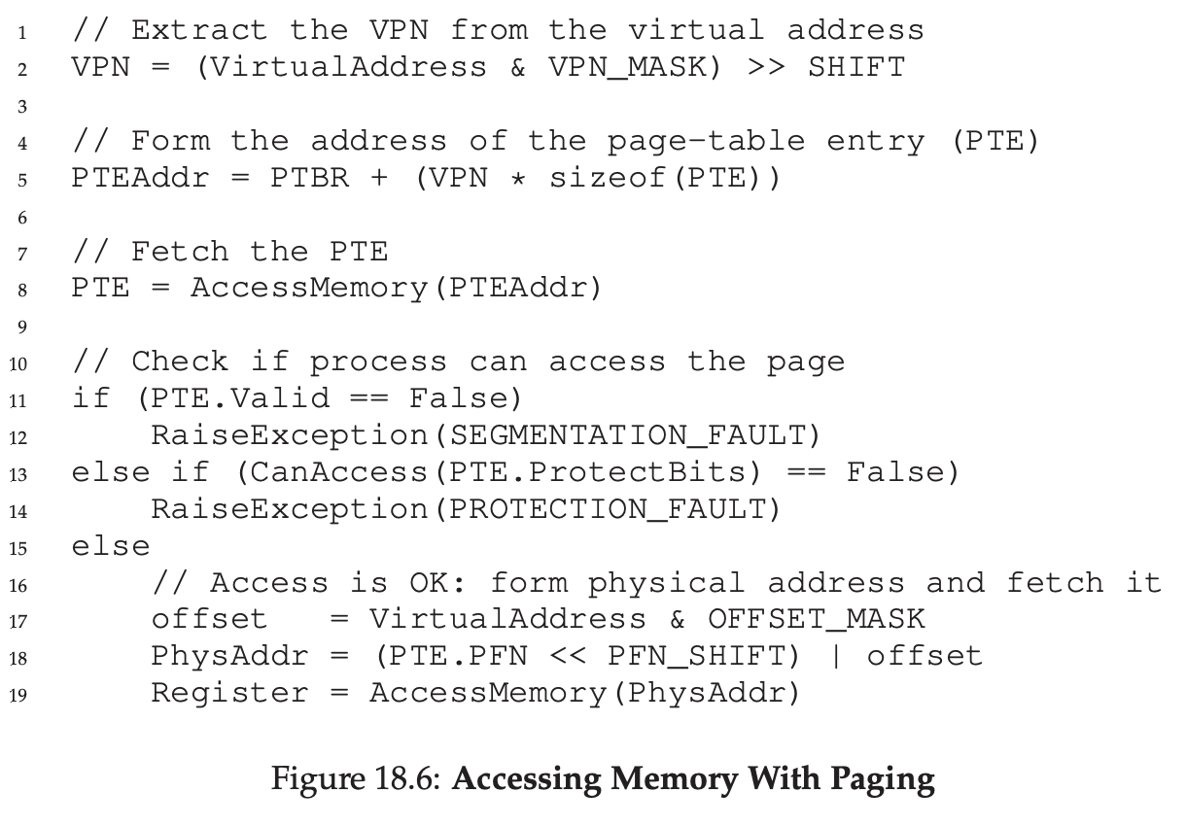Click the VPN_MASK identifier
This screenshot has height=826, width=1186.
point(634,67)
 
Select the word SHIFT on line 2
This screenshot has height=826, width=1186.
point(855,67)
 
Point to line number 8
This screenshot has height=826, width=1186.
point(21,290)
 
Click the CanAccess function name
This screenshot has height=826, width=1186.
point(336,472)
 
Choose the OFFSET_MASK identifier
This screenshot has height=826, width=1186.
point(817,619)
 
